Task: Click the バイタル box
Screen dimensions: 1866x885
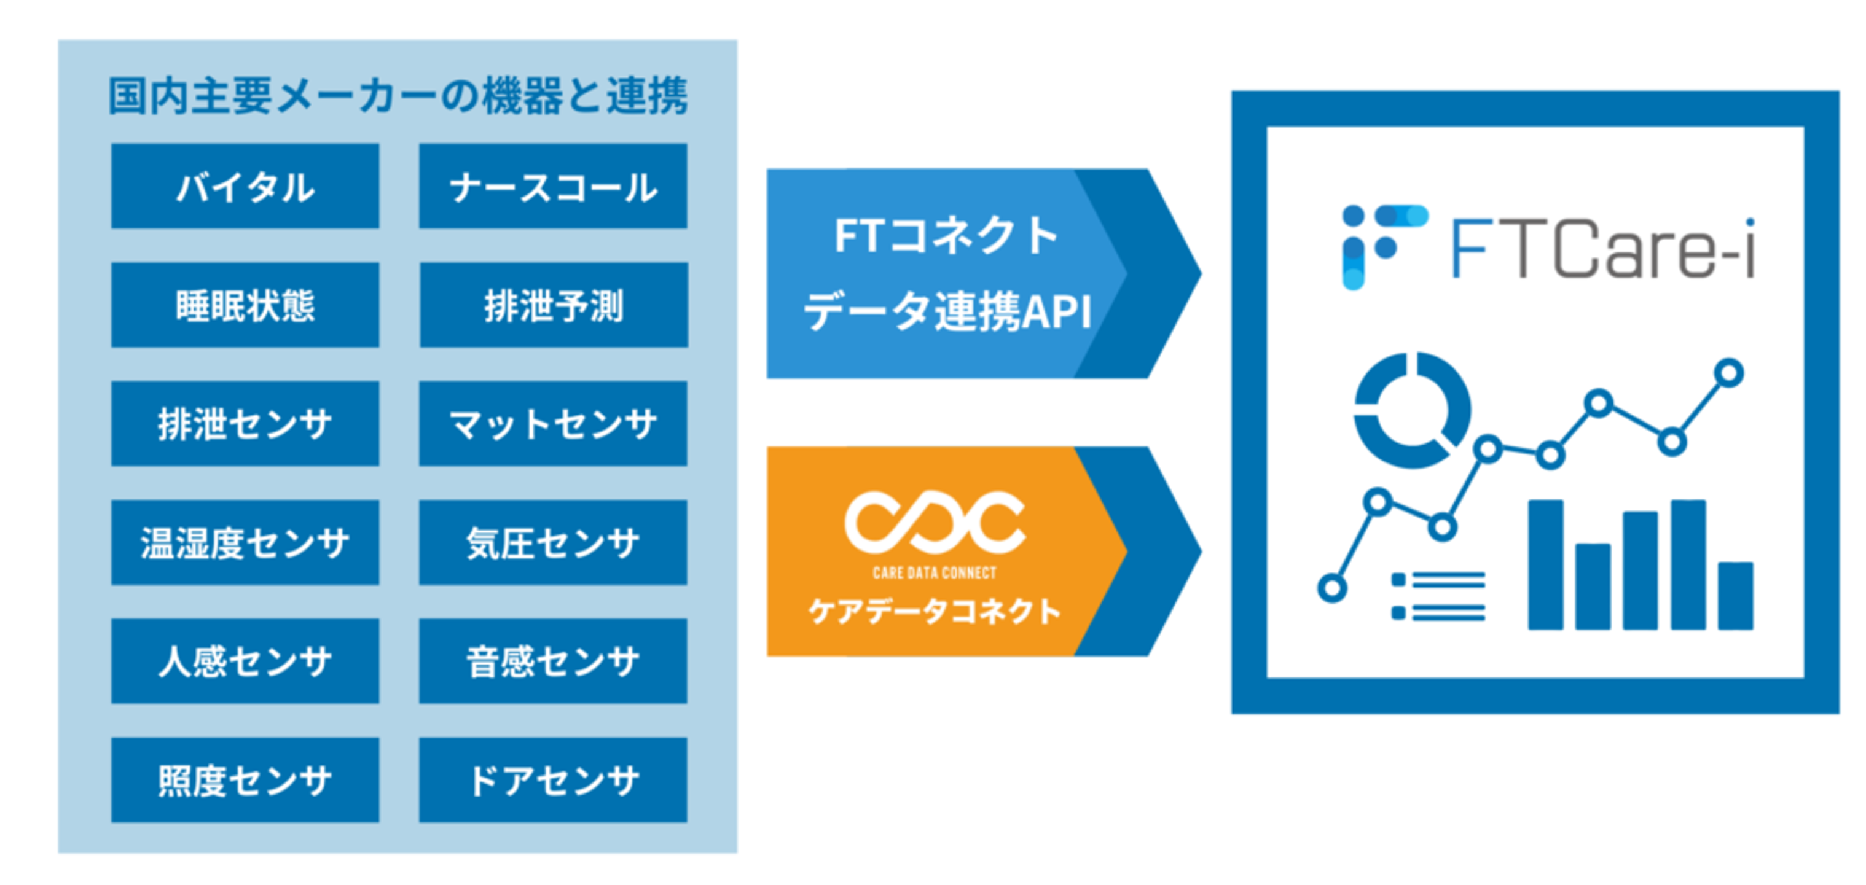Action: click(x=245, y=186)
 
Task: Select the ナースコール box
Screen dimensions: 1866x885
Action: click(x=553, y=186)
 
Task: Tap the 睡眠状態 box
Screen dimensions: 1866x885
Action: click(x=245, y=305)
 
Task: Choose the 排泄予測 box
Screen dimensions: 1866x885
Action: click(x=554, y=305)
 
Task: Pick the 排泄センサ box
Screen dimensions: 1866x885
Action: click(x=245, y=424)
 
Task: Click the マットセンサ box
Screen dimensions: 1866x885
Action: click(x=553, y=424)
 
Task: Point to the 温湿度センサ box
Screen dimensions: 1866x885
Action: click(x=245, y=542)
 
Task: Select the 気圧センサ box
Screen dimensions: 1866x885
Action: click(x=553, y=542)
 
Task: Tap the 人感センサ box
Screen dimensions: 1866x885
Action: click(x=245, y=661)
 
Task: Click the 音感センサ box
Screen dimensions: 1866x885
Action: click(x=553, y=661)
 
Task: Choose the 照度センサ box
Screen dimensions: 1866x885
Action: click(x=245, y=780)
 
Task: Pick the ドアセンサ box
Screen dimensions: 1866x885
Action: click(x=553, y=780)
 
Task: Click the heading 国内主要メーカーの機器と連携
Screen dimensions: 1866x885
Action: click(x=398, y=96)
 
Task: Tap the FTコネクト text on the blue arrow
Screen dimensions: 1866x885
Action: click(x=946, y=236)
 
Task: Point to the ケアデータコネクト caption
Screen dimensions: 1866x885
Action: click(x=935, y=611)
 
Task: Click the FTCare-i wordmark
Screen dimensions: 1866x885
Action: click(x=1603, y=248)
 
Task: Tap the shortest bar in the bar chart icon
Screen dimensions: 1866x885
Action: click(x=1736, y=596)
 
